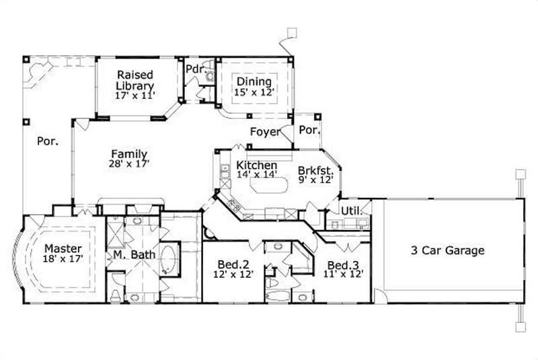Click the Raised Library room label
134,80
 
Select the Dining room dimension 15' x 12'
254,93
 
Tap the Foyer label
265,132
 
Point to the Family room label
129,154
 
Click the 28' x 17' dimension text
129,164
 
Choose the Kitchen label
256,166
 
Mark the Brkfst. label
315,171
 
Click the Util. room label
351,211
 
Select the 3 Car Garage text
448,251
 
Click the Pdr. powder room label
195,69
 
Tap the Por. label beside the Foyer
309,129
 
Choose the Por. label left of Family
46,141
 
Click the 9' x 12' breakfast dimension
315,180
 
